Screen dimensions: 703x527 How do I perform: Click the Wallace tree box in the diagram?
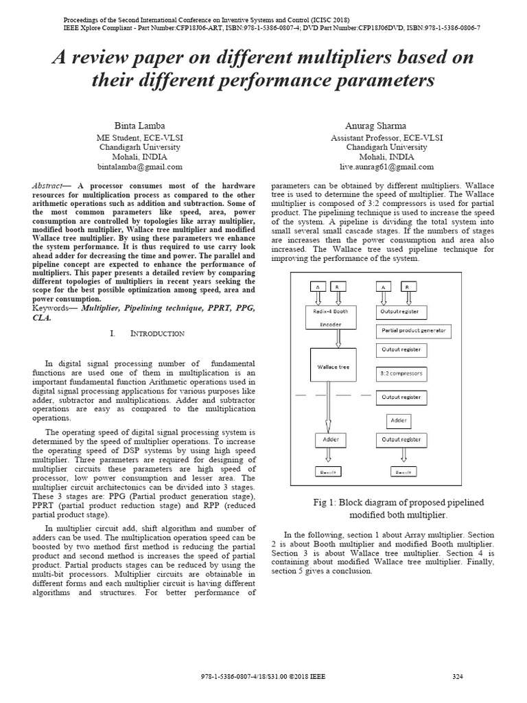pos(333,367)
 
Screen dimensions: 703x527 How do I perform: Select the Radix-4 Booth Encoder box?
pos(336,318)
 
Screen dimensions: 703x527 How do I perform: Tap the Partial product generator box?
pos(413,330)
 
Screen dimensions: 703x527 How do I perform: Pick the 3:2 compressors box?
pos(401,374)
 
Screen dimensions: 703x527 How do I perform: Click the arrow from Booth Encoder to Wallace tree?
pos(336,339)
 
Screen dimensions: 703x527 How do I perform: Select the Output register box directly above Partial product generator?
pos(401,311)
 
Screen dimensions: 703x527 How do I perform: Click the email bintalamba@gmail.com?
pos(139,167)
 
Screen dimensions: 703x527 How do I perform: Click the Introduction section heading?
pos(157,334)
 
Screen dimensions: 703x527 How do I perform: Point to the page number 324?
pos(458,677)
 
